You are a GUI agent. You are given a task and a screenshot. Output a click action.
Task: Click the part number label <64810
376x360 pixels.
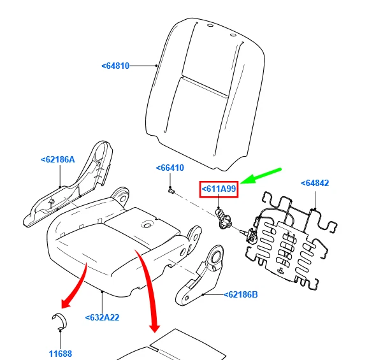[115, 66]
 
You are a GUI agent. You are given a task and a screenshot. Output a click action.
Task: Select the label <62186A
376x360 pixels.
[58, 159]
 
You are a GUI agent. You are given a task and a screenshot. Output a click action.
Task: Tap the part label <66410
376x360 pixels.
[170, 168]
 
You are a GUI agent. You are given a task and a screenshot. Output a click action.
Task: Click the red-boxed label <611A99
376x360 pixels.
[219, 189]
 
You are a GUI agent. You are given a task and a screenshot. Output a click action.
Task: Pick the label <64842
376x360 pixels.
[315, 183]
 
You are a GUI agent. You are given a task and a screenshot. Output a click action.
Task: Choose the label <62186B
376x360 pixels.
[241, 294]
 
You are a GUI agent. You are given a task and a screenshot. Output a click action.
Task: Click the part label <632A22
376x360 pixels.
[102, 317]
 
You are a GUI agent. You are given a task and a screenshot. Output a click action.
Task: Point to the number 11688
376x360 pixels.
[61, 354]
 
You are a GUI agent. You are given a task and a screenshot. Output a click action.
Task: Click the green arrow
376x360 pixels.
[261, 176]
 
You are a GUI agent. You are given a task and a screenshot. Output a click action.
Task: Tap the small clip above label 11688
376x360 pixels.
[59, 321]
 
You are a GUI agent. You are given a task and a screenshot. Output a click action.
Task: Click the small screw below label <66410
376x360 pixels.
[171, 191]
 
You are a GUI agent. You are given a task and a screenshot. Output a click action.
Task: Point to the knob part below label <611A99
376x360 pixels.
[223, 218]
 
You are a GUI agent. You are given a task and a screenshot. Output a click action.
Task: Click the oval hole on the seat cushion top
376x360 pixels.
[147, 224]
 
